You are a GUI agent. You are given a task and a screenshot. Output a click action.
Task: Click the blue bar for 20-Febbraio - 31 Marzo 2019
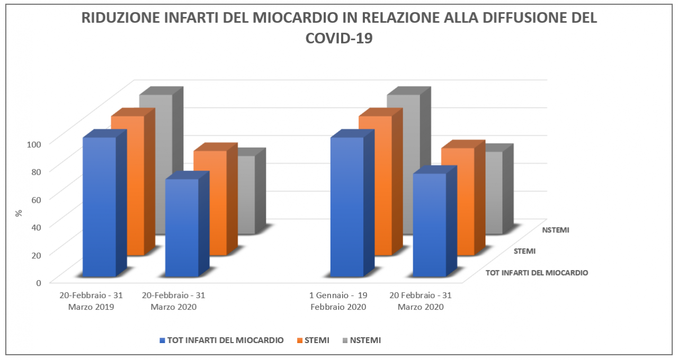tap(99, 206)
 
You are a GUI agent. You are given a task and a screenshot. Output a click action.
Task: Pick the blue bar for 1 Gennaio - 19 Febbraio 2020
tap(346, 206)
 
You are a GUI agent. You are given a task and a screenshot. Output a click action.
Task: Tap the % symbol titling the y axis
tap(19, 213)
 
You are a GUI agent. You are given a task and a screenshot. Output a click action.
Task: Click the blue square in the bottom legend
tap(162, 340)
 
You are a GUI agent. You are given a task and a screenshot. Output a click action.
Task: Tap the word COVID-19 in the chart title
tap(339, 38)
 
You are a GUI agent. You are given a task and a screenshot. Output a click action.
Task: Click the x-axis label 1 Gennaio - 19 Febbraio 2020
tap(338, 301)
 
